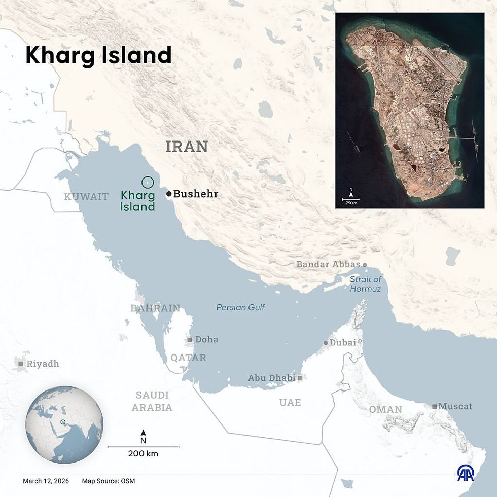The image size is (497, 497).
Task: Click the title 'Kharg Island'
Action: coord(98,55)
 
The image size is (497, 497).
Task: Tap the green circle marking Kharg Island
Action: coord(148,182)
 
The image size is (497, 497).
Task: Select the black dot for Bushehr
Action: coord(169,194)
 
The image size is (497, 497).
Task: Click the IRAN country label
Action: coord(187,147)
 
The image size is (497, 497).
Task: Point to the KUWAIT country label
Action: coord(86,197)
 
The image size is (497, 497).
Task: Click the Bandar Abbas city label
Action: coord(328,264)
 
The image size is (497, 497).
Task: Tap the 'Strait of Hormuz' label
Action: coord(365,284)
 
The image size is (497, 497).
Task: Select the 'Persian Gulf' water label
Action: coord(240,307)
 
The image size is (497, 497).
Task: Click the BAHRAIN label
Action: coord(155,308)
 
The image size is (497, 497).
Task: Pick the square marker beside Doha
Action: coord(190,340)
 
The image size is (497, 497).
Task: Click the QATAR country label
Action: coord(188,358)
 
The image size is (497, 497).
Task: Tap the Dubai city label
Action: coord(343,343)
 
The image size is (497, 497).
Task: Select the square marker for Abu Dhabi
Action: coord(300,378)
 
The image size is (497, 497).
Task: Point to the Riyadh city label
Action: coord(43,364)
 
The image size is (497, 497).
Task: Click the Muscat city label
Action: coord(455,406)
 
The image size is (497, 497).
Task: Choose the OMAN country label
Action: coord(385,409)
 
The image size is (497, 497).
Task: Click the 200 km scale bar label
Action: coord(143,454)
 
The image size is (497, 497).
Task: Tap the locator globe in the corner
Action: coord(64,424)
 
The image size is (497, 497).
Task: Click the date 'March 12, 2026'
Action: coord(45,481)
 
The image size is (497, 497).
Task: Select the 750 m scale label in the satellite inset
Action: coord(351,203)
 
